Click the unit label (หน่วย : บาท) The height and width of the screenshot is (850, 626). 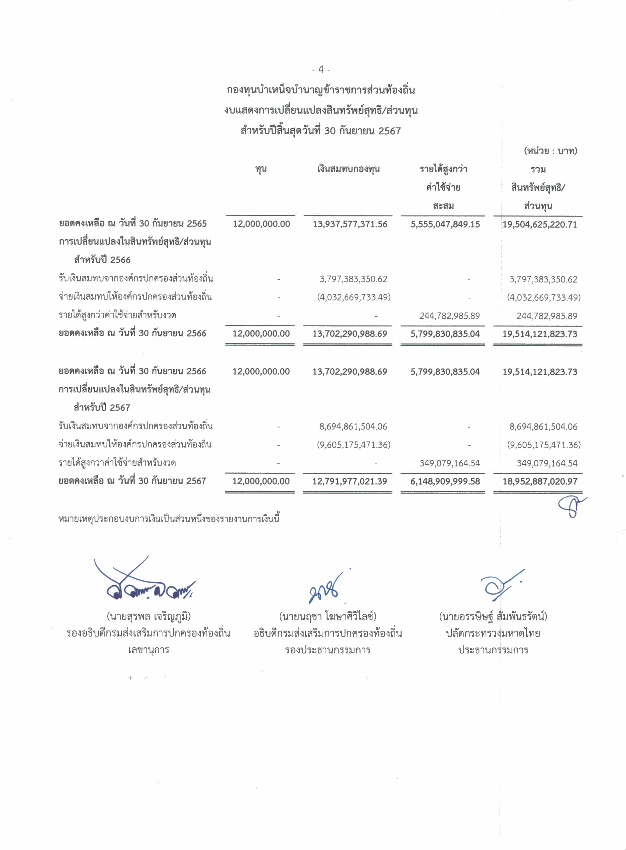(550, 151)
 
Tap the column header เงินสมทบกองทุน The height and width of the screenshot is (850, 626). (348, 169)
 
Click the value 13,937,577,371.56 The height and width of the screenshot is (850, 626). (350, 224)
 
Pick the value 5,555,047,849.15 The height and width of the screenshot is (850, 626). (445, 224)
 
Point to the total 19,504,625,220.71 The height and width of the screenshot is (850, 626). (540, 224)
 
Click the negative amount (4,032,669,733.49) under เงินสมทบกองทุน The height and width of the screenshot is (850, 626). (354, 297)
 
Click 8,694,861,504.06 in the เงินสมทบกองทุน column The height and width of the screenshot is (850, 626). (353, 427)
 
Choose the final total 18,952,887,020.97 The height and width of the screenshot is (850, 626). (540, 482)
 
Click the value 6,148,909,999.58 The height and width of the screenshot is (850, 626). (445, 482)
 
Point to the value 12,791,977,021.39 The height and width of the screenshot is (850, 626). (349, 482)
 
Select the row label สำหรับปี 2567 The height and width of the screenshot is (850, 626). (102, 408)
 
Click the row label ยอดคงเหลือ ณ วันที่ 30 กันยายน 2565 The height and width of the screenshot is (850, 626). (133, 224)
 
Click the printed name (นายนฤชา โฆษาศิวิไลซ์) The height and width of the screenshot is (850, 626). (327, 617)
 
